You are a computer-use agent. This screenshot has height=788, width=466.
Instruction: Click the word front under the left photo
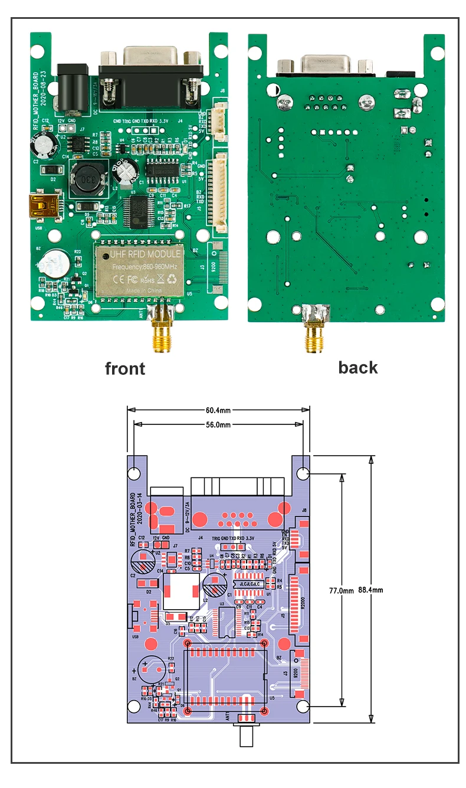coord(124,369)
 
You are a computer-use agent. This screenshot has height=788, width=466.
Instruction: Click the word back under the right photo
coord(357,367)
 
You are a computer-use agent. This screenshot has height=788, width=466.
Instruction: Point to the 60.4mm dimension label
coord(219,410)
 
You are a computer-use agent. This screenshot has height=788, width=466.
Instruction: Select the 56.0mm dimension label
coord(219,424)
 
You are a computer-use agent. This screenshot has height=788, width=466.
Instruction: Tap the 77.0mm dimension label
coord(341,590)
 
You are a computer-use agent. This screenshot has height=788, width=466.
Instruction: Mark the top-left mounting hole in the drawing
coord(134,473)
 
